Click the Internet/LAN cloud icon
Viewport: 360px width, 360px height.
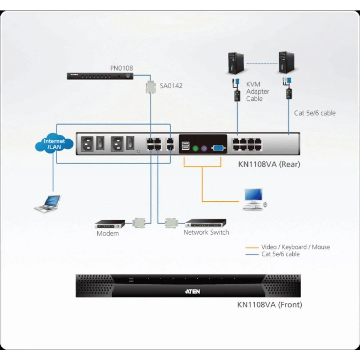click(54, 144)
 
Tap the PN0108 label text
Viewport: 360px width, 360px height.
click(121, 68)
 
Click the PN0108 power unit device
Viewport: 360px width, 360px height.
click(100, 76)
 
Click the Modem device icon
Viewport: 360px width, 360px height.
click(109, 224)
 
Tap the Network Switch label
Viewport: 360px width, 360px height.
click(206, 233)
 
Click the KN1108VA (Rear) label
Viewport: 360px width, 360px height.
click(269, 165)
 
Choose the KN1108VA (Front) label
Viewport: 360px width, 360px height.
click(270, 305)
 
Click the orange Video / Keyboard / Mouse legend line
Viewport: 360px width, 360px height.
click(252, 247)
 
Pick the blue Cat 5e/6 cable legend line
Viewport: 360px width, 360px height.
click(252, 255)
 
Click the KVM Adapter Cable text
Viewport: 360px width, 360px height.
click(257, 91)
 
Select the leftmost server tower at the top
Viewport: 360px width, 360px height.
click(236, 63)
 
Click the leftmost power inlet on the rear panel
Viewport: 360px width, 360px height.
click(88, 144)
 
